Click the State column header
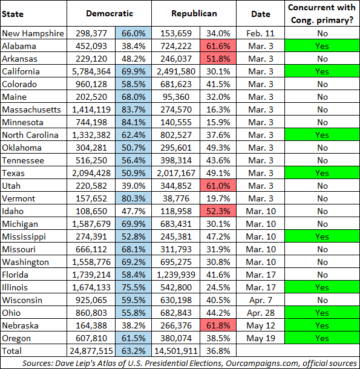(13, 14)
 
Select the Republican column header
(194, 14)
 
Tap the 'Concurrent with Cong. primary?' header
(322, 14)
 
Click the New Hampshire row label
(33, 33)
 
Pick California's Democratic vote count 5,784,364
(91, 71)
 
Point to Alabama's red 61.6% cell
(218, 46)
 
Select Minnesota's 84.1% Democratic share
(133, 122)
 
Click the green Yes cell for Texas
(322, 173)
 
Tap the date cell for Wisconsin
(260, 300)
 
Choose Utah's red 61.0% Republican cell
(218, 186)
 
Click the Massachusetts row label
(31, 109)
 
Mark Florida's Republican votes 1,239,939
(176, 275)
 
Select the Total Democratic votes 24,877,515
(91, 351)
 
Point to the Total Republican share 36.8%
(218, 351)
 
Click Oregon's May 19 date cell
(260, 338)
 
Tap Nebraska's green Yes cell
(322, 325)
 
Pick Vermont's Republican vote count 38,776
(176, 198)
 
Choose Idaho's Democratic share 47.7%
(133, 211)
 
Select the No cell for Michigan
(322, 224)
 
